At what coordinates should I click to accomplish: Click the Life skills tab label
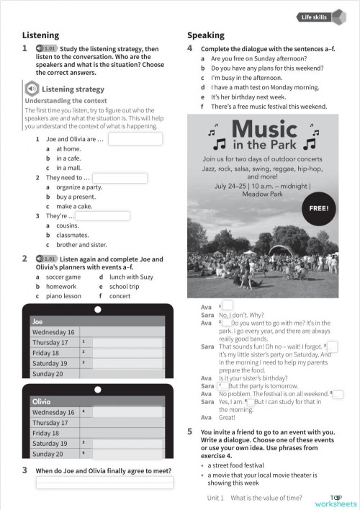(x=314, y=16)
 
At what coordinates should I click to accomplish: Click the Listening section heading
(x=40, y=35)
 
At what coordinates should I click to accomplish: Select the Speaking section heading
(x=206, y=35)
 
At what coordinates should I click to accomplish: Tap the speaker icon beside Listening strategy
(x=32, y=89)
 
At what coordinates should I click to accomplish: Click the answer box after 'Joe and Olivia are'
(x=135, y=139)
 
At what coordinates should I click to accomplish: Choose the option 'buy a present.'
(x=76, y=197)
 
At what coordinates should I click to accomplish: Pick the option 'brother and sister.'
(x=81, y=244)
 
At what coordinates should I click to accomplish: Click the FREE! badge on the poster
(x=318, y=208)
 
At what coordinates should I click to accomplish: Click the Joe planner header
(x=38, y=321)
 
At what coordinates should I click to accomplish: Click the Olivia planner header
(x=41, y=401)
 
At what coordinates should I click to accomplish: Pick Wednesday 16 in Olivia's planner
(x=53, y=412)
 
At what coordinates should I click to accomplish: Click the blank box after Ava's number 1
(x=228, y=305)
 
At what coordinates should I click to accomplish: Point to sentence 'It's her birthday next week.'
(x=248, y=97)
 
